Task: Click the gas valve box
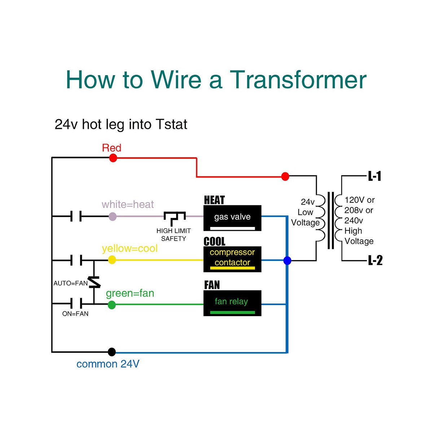[x=232, y=218]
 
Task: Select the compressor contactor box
[x=232, y=259]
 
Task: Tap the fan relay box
[x=232, y=303]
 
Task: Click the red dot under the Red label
[x=113, y=158]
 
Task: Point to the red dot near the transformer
[x=285, y=176]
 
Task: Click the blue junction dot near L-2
[x=287, y=261]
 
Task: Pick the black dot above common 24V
[x=111, y=352]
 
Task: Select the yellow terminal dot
[x=112, y=260]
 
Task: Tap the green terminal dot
[x=111, y=305]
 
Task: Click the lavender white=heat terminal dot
[x=113, y=216]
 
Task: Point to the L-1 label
[x=374, y=176]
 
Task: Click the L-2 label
[x=375, y=261]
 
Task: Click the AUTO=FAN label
[x=70, y=283]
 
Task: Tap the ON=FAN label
[x=75, y=314]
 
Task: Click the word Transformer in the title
[x=298, y=80]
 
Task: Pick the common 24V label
[x=108, y=364]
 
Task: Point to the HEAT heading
[x=214, y=200]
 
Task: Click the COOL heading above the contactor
[x=214, y=241]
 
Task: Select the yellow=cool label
[x=130, y=249]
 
